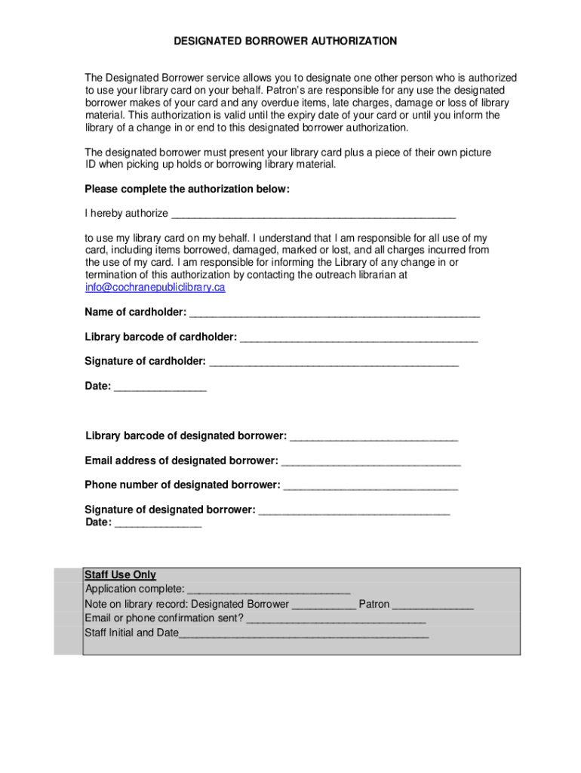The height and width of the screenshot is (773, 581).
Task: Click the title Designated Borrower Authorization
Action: (285, 42)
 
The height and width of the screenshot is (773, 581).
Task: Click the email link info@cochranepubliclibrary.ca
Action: (155, 288)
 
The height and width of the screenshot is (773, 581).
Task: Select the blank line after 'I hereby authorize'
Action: (313, 214)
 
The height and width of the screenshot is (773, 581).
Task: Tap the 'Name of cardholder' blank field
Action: (334, 313)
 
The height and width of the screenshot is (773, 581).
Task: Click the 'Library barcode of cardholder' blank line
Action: (358, 337)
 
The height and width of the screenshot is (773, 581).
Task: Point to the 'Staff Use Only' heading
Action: (120, 575)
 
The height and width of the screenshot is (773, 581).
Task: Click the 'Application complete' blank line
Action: (269, 590)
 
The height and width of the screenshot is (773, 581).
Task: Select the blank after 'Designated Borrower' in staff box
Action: (324, 605)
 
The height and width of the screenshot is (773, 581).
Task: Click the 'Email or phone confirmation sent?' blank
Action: (336, 619)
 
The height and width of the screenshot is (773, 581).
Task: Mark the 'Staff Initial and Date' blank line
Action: (303, 633)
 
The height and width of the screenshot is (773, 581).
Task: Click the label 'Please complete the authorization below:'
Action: (186, 189)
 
